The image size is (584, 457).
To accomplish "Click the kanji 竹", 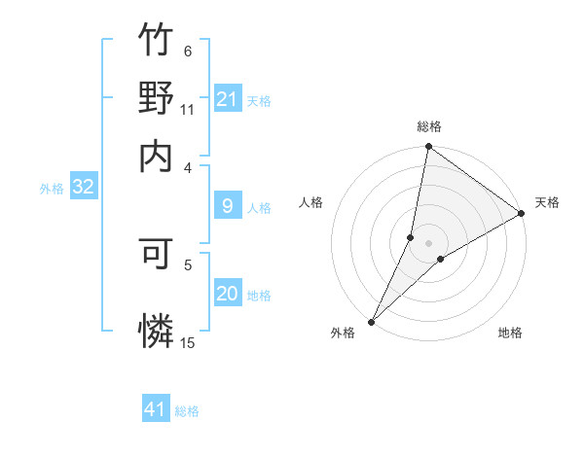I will tap(156, 41).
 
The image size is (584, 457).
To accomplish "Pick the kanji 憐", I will tap(156, 330).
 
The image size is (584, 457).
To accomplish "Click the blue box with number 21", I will tap(227, 99).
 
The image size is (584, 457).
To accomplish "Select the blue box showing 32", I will tap(83, 188).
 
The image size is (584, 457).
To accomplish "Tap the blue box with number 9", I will tap(227, 206).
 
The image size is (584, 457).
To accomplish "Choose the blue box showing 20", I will tap(227, 294).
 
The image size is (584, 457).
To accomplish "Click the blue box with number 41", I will tap(156, 409).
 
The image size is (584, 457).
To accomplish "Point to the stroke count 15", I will tap(188, 342).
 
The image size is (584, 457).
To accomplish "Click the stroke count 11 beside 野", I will tap(188, 110).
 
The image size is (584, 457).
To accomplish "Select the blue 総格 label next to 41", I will tap(187, 411).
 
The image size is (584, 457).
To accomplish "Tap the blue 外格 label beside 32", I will tap(52, 189).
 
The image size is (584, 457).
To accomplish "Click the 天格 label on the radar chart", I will tap(547, 202).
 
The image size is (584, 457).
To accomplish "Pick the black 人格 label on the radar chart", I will tap(311, 202).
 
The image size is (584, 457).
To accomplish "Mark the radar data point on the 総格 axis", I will tap(428, 148).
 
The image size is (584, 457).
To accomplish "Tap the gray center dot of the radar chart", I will tap(428, 243).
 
